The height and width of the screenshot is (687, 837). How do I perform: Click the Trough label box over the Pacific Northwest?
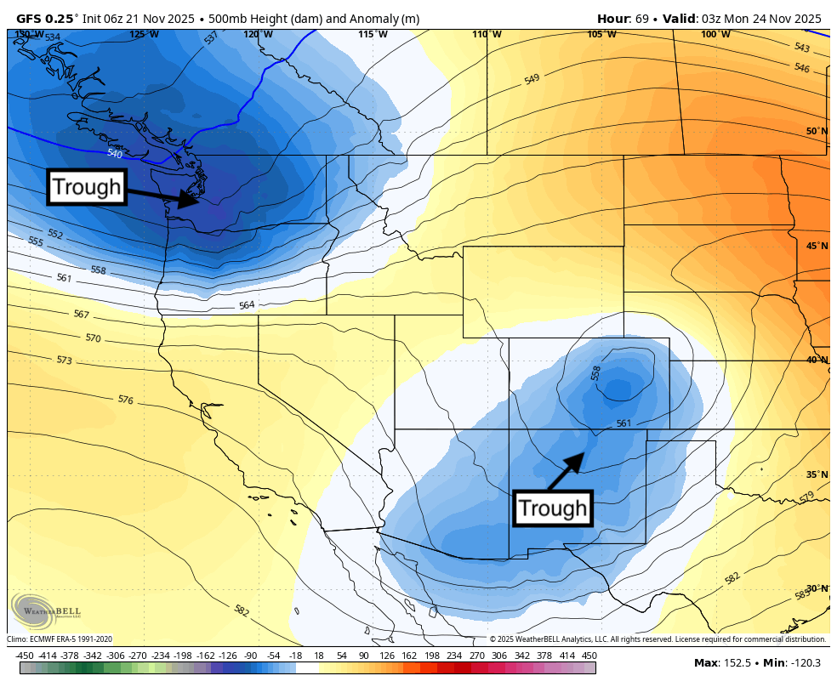click(87, 187)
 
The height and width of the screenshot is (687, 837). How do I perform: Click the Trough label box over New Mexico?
click(553, 508)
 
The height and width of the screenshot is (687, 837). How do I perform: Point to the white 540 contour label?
click(115, 154)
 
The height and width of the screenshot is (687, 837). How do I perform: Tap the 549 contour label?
click(532, 79)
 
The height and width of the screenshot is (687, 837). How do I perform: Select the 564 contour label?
click(246, 305)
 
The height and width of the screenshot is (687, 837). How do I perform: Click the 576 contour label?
click(125, 400)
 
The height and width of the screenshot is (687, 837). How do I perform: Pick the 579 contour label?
click(806, 496)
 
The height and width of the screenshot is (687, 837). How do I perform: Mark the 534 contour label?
click(53, 37)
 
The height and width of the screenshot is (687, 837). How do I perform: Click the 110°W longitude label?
click(487, 34)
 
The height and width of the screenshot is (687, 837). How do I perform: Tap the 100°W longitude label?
click(715, 34)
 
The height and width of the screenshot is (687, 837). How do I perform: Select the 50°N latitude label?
click(817, 131)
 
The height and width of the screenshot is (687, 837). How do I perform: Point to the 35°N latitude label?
click(817, 474)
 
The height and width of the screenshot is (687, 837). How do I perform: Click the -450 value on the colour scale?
click(25, 656)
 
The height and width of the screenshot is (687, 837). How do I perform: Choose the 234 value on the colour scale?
click(454, 656)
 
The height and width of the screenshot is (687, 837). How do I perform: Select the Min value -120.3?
click(804, 663)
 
